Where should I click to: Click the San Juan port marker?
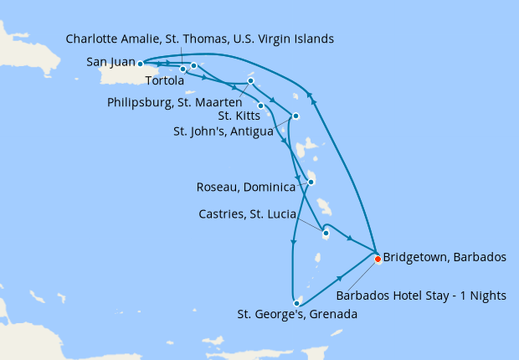[140, 63]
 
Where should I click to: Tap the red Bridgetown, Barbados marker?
[378, 259]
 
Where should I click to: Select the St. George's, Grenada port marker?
[297, 302]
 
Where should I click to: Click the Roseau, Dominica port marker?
[311, 182]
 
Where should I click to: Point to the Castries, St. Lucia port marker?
[325, 234]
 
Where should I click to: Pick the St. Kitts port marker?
[261, 105]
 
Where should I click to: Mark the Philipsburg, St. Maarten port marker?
[250, 81]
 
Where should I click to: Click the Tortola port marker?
[193, 65]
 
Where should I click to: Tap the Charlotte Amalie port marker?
[182, 69]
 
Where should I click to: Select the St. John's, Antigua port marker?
[295, 116]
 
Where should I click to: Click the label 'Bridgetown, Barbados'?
[444, 257]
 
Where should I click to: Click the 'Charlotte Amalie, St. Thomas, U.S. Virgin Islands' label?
[200, 39]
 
